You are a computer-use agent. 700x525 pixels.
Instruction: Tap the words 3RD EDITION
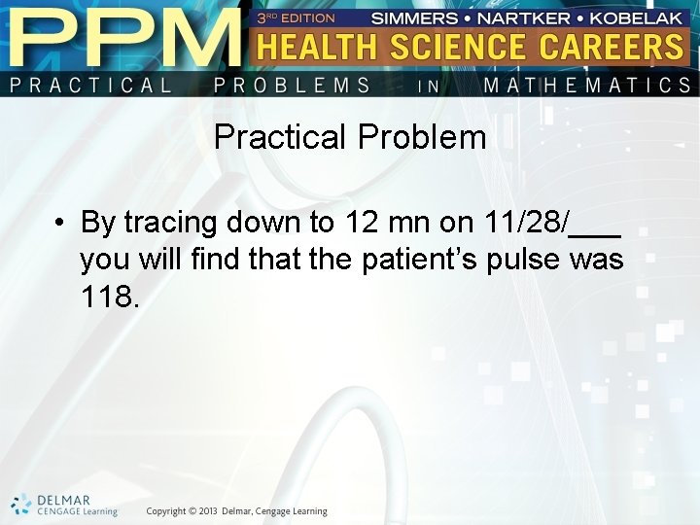click(296, 17)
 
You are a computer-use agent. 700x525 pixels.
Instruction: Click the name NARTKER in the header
click(528, 17)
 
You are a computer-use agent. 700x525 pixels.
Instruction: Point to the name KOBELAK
click(638, 17)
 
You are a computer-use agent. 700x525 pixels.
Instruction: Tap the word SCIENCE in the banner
click(465, 47)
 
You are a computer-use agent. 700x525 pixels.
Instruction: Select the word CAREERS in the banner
click(614, 47)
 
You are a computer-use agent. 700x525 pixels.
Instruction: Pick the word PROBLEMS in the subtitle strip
click(292, 86)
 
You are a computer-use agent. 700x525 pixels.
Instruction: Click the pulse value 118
click(110, 297)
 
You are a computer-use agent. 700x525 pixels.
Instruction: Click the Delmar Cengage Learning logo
click(64, 506)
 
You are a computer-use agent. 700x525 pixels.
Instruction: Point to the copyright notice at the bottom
click(237, 511)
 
